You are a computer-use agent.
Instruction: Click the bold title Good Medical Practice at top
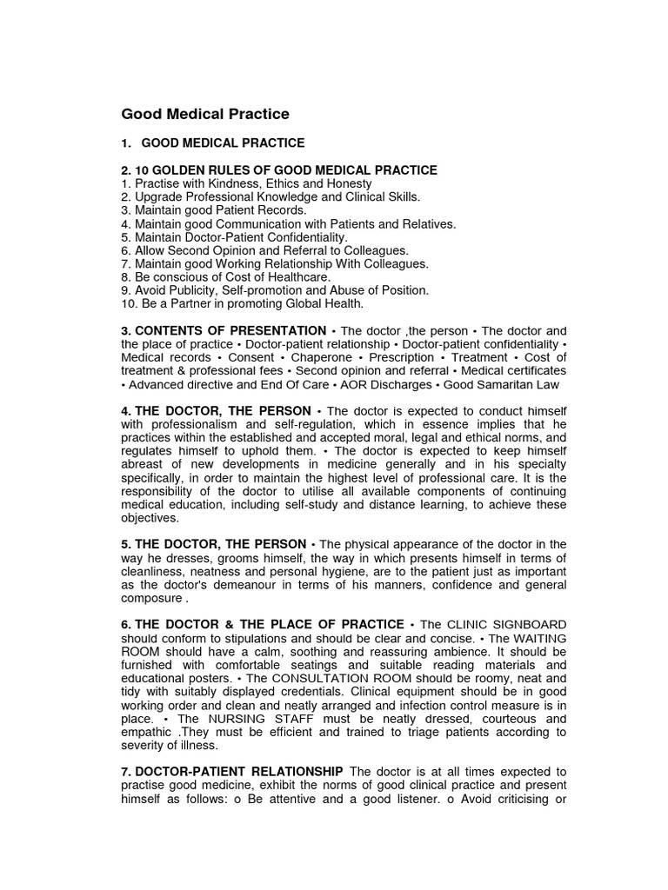click(x=205, y=114)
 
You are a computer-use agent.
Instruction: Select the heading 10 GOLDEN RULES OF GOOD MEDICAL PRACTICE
click(x=279, y=170)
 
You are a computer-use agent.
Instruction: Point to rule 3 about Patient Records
click(x=214, y=210)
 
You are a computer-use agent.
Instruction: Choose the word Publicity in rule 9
click(x=188, y=290)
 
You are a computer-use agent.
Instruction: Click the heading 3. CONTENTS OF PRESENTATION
click(x=224, y=331)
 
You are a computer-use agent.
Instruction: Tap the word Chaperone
click(x=323, y=357)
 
